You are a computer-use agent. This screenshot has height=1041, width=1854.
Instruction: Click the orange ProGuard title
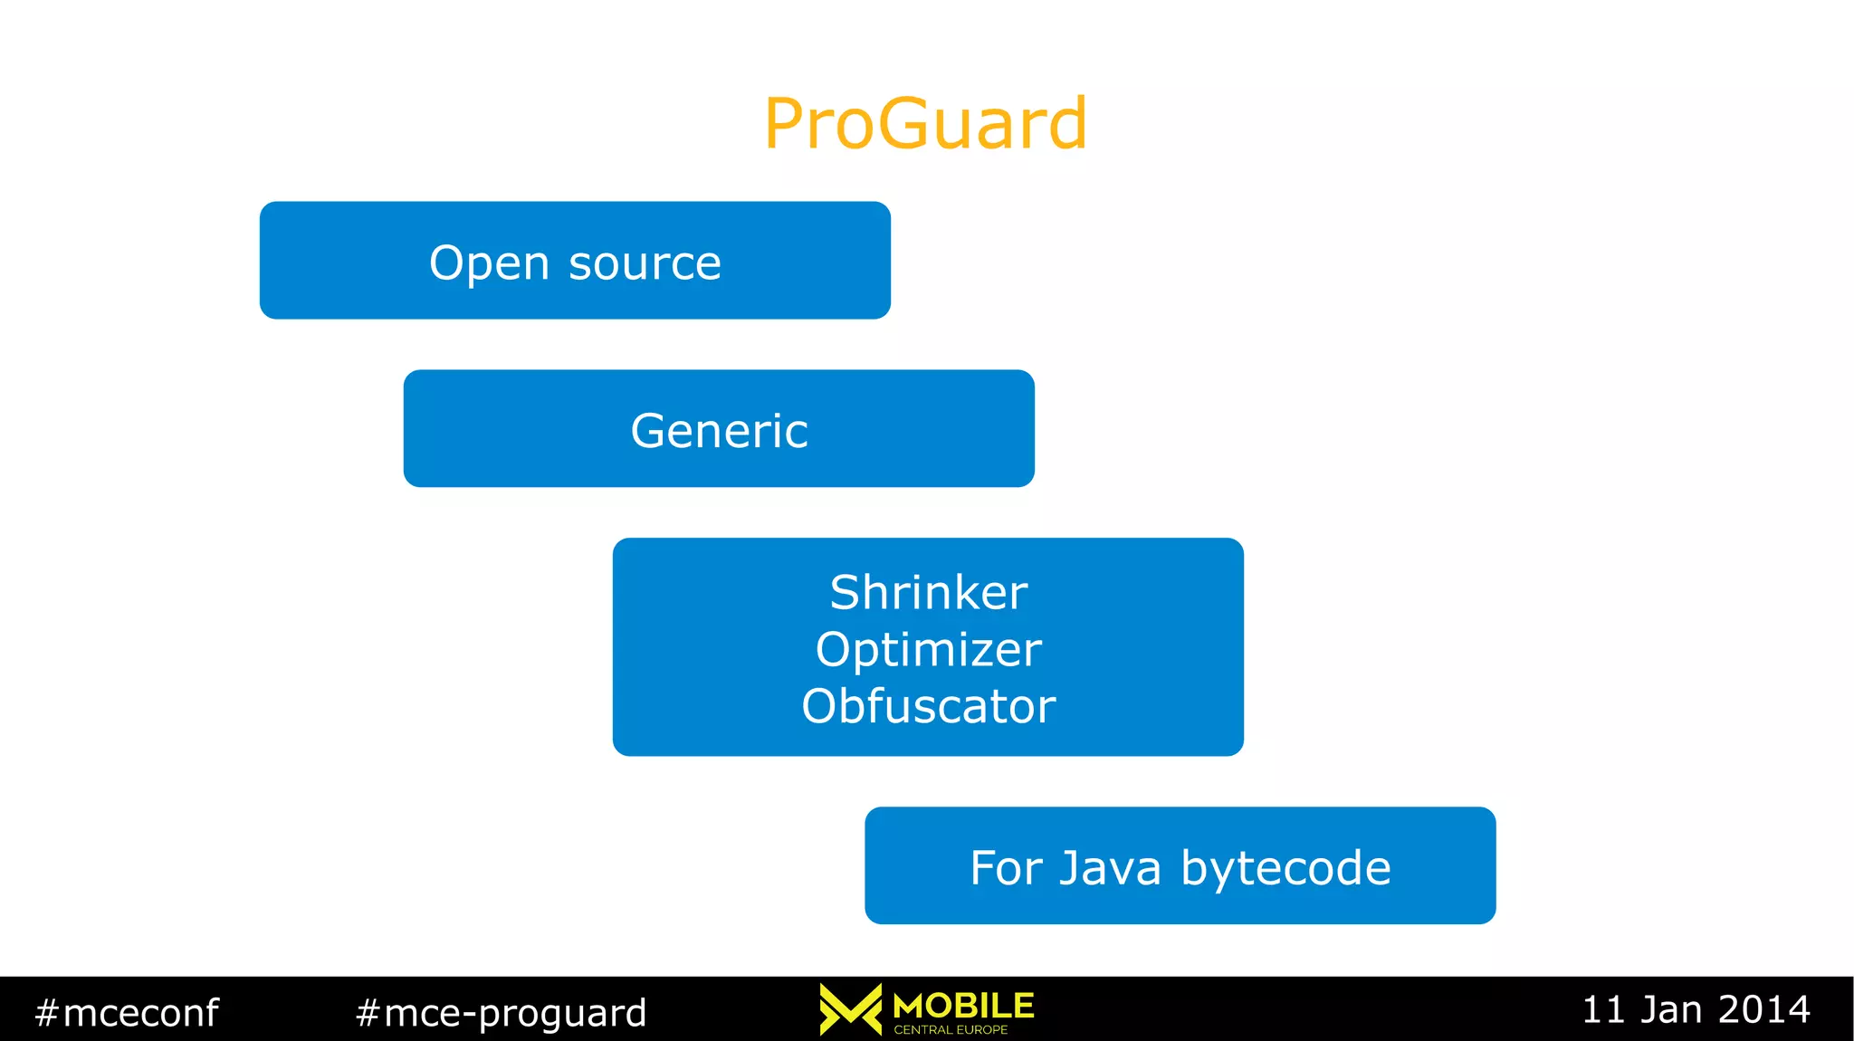click(x=925, y=123)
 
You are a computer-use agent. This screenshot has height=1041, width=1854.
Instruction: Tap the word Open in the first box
click(x=489, y=263)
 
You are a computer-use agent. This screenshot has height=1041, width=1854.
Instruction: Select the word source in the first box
click(x=645, y=263)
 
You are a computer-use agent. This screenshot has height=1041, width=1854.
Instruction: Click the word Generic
click(x=719, y=431)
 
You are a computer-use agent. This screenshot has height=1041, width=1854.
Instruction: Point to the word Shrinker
click(x=928, y=593)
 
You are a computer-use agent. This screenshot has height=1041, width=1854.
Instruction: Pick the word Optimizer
click(x=928, y=650)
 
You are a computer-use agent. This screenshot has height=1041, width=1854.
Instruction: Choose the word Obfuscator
click(x=928, y=706)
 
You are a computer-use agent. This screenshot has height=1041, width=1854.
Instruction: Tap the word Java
click(x=1110, y=868)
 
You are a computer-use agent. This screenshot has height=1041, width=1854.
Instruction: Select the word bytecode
click(x=1285, y=868)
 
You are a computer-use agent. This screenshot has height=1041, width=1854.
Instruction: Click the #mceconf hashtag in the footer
click(x=127, y=1012)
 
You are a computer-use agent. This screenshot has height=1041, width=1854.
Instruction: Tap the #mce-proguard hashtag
click(x=502, y=1012)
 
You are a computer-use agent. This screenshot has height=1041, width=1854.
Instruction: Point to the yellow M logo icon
click(x=850, y=1008)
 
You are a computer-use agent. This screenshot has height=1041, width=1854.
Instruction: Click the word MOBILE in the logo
click(x=963, y=1005)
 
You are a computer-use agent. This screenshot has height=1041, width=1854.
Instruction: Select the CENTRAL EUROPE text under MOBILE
click(x=951, y=1029)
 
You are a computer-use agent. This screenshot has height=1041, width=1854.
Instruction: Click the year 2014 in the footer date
click(x=1764, y=1009)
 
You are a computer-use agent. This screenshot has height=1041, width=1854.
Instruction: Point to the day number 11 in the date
click(x=1604, y=1009)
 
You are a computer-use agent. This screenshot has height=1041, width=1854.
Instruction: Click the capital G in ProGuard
click(x=909, y=123)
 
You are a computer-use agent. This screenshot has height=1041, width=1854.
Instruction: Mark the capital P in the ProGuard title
click(x=785, y=123)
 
